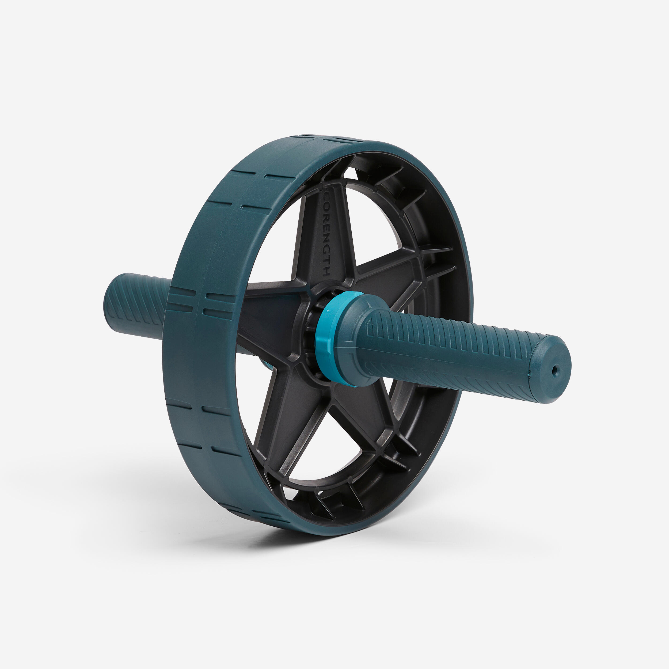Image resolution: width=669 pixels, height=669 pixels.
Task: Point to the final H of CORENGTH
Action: pyautogui.click(x=326, y=272)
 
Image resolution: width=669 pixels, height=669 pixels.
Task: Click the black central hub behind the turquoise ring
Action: pyautogui.click(x=308, y=332)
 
